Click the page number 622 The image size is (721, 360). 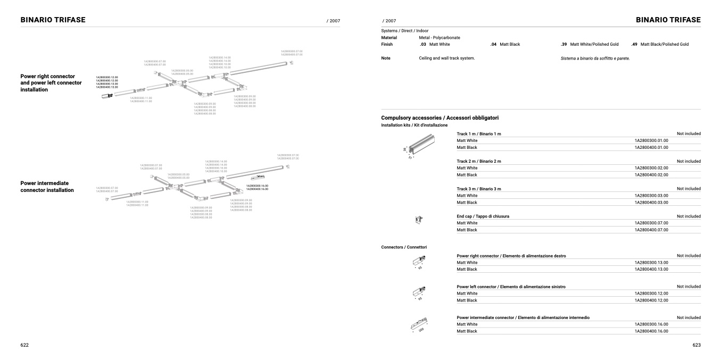(24, 345)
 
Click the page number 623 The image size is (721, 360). (697, 345)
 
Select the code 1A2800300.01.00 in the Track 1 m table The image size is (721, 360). (651, 140)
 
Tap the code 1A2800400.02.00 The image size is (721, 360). (651, 175)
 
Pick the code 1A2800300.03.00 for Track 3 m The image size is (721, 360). (651, 196)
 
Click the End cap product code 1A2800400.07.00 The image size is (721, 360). (651, 230)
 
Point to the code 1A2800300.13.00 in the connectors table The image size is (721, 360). (651, 263)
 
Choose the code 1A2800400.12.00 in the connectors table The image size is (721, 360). (651, 300)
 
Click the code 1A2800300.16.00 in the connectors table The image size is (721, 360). (651, 324)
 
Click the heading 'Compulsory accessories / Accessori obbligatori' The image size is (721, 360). (440, 118)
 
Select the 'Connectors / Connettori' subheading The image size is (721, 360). (404, 247)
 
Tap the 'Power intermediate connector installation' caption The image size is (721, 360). (47, 187)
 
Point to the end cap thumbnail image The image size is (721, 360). (419, 219)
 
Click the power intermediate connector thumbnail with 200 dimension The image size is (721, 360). (420, 324)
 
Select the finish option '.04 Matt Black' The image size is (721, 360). (505, 45)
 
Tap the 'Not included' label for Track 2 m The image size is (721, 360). (689, 161)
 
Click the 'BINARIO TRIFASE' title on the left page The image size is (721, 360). (53, 20)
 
